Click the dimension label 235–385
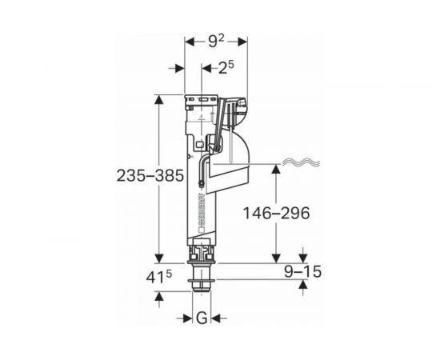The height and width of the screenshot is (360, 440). tap(150, 176)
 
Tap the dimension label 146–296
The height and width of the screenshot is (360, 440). tap(277, 213)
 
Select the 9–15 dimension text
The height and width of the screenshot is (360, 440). tap(302, 272)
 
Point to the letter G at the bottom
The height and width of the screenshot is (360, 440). tap(202, 318)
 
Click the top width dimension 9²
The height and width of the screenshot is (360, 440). tap(216, 42)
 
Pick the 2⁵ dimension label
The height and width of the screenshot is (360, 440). tap(226, 68)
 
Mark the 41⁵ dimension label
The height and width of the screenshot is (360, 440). tap(159, 278)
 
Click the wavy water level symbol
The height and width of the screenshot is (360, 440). tap(301, 162)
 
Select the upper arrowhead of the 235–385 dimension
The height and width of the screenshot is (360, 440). tap(159, 100)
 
